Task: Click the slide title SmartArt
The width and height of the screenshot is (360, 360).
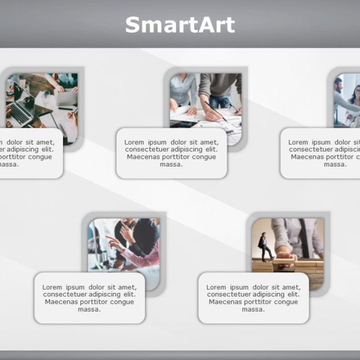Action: (179, 25)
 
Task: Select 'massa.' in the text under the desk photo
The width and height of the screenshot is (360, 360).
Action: (8, 164)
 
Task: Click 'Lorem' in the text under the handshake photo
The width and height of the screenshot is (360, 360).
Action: (298, 142)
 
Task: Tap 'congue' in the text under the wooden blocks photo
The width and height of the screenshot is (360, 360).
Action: (286, 302)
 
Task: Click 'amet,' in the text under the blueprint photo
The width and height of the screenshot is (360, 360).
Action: (209, 142)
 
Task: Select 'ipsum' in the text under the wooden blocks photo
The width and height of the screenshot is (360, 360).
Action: (243, 287)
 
